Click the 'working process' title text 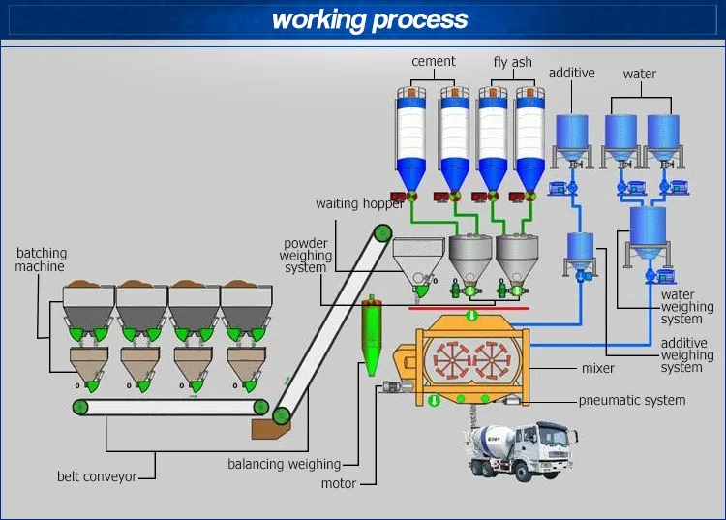[x=369, y=19]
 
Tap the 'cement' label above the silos [x=433, y=61]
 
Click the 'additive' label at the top [x=571, y=74]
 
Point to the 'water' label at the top [x=639, y=74]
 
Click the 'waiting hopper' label [x=360, y=204]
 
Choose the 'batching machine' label [x=40, y=260]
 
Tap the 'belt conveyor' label [x=96, y=476]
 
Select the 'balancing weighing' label [x=284, y=464]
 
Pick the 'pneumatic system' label [x=631, y=400]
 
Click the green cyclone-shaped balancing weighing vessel [x=370, y=334]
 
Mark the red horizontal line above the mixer [x=469, y=309]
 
